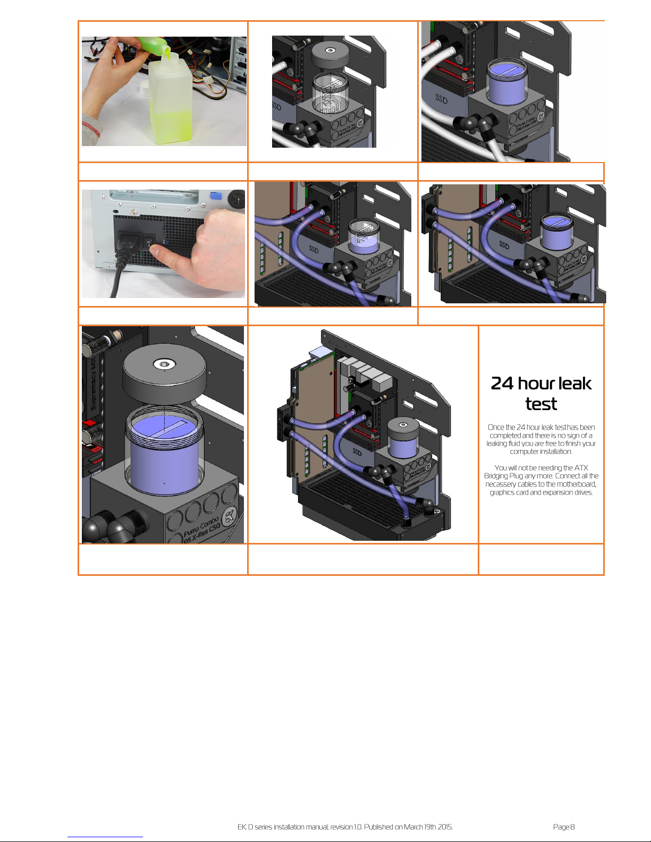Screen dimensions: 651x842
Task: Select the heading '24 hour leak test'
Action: (541, 393)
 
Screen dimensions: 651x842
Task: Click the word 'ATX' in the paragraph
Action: (581, 467)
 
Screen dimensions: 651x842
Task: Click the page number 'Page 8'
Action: (564, 827)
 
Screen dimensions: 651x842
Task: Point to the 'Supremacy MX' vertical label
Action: (93, 384)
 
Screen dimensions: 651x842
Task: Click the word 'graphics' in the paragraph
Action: (502, 492)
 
